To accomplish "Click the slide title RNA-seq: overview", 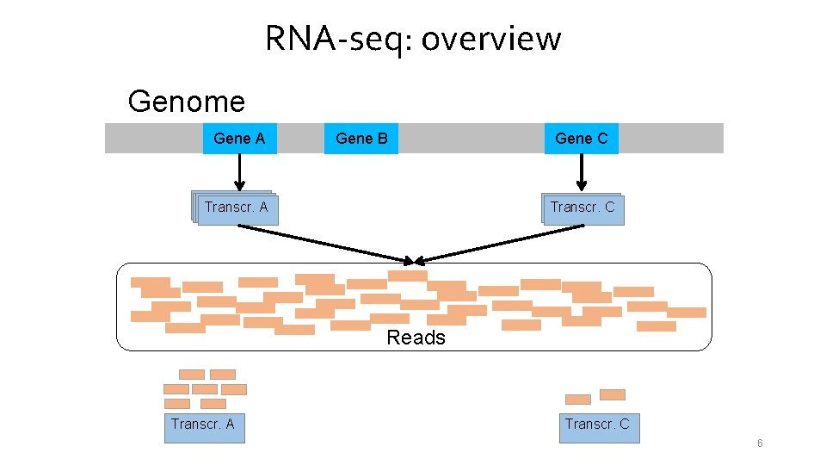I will click(x=413, y=39).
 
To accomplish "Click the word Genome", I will click(x=186, y=102).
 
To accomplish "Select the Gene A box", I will click(x=239, y=139).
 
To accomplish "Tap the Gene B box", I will click(x=361, y=139).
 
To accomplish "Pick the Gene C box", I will click(x=582, y=139).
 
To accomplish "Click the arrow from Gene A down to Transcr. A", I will click(x=240, y=172).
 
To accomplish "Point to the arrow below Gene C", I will click(x=582, y=172).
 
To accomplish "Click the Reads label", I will click(x=416, y=338).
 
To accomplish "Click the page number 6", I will click(x=760, y=443).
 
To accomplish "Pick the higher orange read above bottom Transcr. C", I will click(x=612, y=394).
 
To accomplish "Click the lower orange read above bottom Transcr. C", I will click(x=577, y=400).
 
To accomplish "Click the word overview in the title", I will click(x=491, y=39).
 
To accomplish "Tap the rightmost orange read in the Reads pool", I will click(x=687, y=313).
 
